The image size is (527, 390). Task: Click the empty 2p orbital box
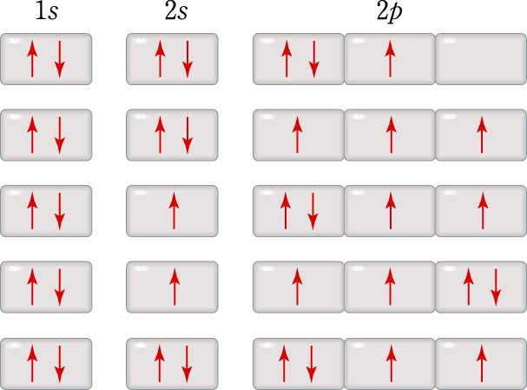[480, 59]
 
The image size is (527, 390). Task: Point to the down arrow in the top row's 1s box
[60, 59]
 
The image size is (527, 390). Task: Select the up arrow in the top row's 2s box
[160, 59]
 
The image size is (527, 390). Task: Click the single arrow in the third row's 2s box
[174, 211]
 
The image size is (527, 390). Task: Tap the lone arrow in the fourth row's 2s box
[174, 287]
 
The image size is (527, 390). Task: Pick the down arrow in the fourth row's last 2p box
[495, 287]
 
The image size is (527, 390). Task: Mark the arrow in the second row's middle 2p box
[390, 136]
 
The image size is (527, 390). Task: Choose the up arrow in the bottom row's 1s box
[32, 363]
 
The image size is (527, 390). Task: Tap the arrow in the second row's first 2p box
[298, 136]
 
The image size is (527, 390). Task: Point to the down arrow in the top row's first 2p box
[313, 59]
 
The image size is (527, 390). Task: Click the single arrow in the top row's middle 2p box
[390, 59]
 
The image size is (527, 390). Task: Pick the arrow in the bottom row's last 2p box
[482, 363]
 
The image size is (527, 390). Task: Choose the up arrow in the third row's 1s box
[32, 211]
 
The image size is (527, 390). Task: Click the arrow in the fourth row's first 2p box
[298, 287]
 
